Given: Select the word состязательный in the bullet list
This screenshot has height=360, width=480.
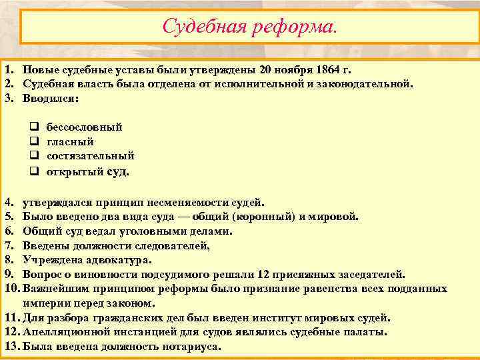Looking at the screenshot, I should [x=90, y=156].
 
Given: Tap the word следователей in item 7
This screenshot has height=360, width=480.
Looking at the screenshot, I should [x=169, y=245].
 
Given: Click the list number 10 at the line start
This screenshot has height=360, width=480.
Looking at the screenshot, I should [x=11, y=289].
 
